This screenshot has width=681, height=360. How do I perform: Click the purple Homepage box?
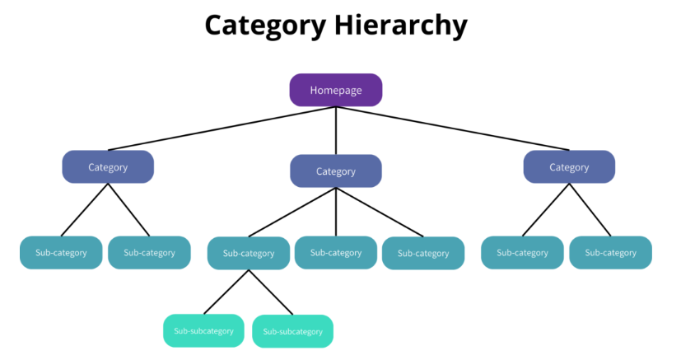pos(336,90)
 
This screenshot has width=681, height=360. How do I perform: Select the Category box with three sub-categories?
pos(336,171)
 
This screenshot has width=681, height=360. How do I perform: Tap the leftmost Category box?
pos(108,167)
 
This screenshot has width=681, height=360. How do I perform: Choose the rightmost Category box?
pos(569,167)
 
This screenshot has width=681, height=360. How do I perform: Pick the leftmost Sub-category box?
pos(61,253)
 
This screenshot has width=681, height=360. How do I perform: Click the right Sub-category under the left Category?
pos(149,253)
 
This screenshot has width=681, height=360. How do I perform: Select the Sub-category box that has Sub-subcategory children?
pos(249,254)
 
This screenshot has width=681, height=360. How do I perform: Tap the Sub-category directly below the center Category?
pos(336,253)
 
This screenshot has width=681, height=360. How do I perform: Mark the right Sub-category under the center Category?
pos(423,254)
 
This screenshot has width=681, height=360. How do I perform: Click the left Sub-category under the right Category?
pos(522,253)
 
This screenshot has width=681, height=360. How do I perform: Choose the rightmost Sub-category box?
pos(610,253)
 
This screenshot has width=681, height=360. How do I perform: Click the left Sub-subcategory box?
pos(203,330)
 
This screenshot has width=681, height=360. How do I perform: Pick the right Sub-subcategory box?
pos(292,331)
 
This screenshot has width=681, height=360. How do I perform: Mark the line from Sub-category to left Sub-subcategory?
pos(227,292)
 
